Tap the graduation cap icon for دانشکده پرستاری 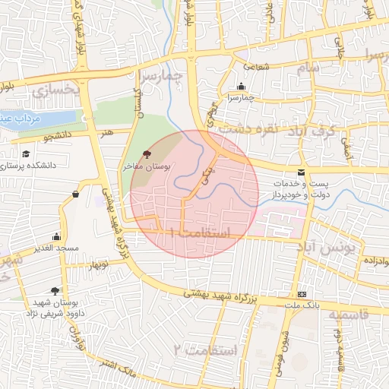coord(26,153)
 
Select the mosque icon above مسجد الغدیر coord(56,237)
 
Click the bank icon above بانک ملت coord(302,294)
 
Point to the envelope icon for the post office coord(302,173)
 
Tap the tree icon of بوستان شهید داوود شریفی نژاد coord(55,290)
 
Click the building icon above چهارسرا coord(242,86)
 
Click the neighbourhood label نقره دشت coord(242,130)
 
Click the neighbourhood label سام coord(309,68)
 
